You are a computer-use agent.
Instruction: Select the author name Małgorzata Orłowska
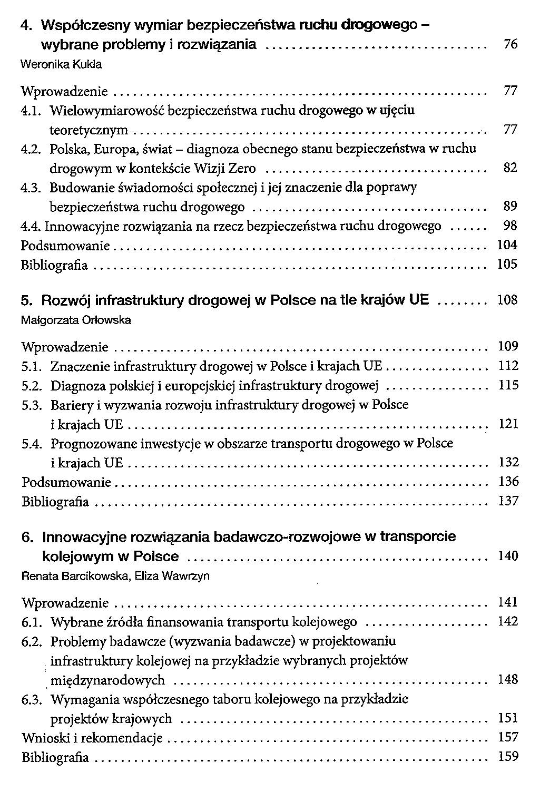(x=76, y=320)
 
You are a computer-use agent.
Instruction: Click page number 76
(x=510, y=45)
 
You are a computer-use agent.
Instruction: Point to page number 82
(x=510, y=168)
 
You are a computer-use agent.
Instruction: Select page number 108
(x=508, y=300)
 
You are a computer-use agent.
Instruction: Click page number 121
(x=508, y=424)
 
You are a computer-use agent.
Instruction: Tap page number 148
(x=508, y=679)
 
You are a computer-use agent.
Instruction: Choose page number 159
(x=508, y=757)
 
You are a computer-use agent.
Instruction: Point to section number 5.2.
(x=32, y=386)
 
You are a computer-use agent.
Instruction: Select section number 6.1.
(x=32, y=622)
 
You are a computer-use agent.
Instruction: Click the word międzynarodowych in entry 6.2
(x=107, y=680)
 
